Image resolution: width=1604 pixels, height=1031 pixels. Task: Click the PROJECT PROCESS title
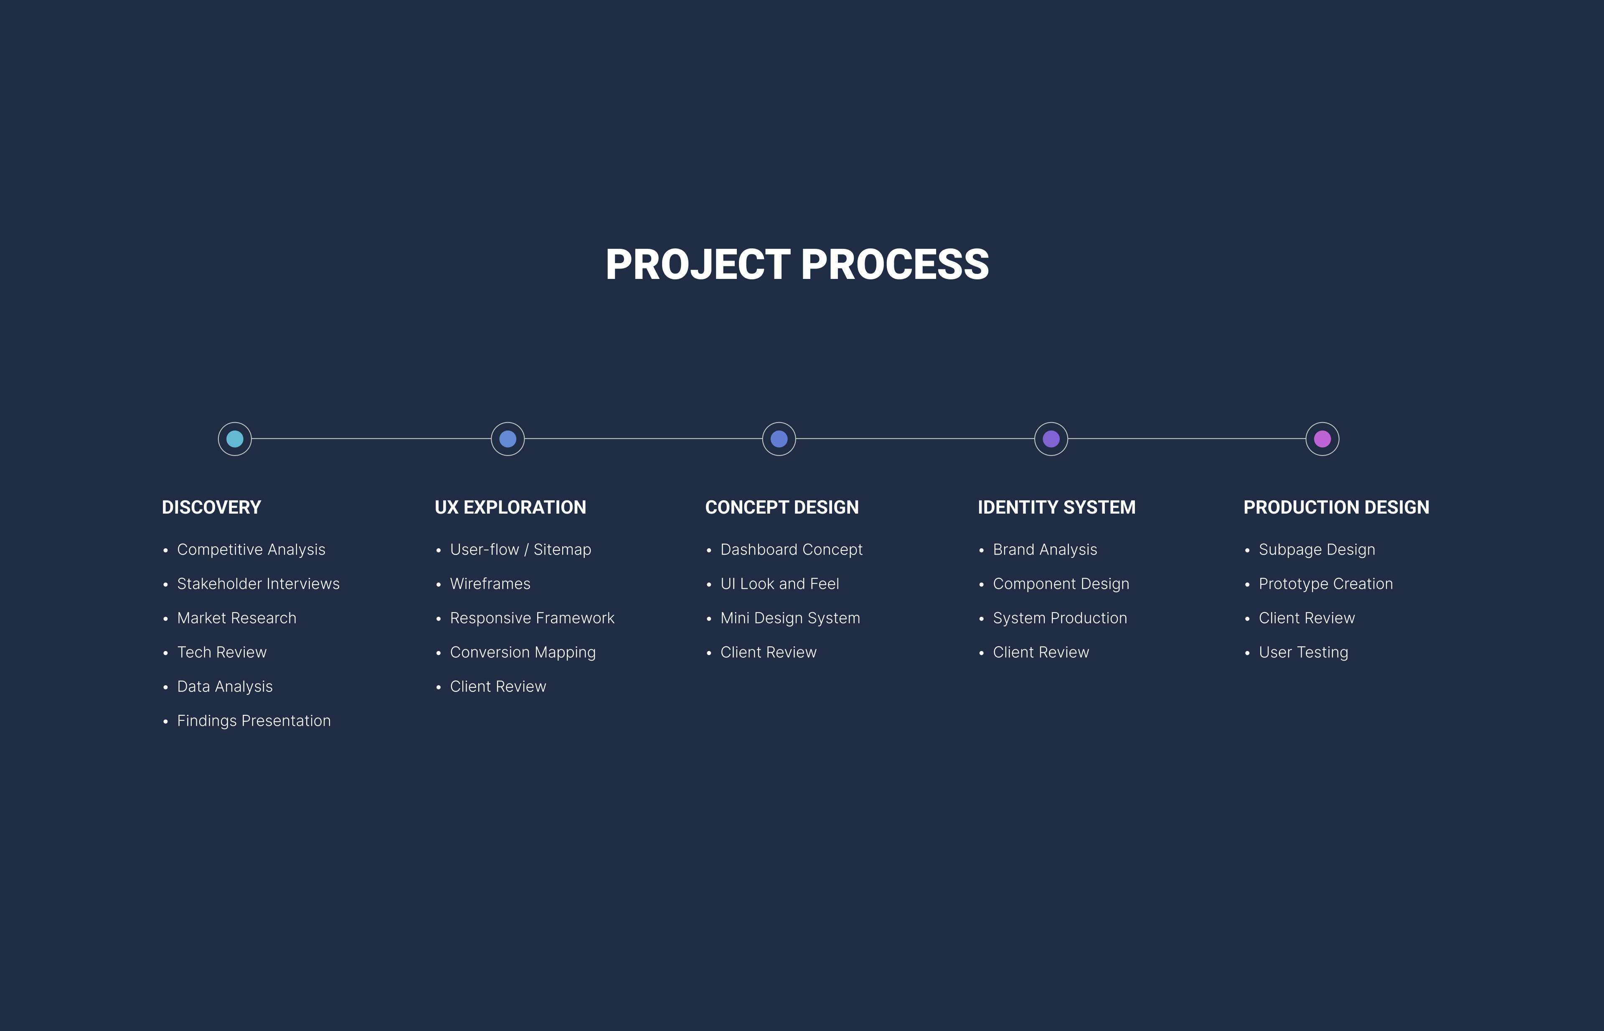(x=797, y=264)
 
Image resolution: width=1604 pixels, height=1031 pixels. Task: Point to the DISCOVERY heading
(x=212, y=507)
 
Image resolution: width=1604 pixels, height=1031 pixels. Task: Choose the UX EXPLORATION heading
(x=510, y=507)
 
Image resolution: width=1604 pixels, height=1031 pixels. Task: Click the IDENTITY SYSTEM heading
(x=1057, y=507)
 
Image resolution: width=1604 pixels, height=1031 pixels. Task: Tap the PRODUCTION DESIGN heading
(x=1337, y=507)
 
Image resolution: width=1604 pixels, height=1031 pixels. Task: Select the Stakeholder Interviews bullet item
(x=259, y=584)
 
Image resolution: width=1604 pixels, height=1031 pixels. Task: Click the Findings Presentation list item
(x=254, y=721)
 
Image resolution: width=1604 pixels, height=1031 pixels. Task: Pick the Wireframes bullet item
(x=490, y=584)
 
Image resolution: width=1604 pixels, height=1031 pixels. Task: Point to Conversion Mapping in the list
(x=523, y=653)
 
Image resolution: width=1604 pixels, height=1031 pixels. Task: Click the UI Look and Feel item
(x=779, y=584)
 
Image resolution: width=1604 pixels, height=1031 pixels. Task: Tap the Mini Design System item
(x=790, y=618)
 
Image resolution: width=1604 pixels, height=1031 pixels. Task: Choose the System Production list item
(x=1060, y=618)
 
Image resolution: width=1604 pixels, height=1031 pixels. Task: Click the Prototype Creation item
(x=1326, y=584)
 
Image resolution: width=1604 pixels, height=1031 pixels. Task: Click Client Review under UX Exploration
(x=498, y=687)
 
